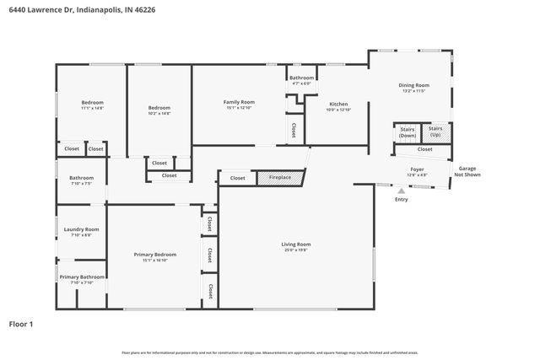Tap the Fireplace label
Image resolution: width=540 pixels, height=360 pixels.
[x=280, y=178]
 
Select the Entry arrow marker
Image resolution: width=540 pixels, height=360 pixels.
[x=401, y=191]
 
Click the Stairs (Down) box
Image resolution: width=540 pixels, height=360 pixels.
[x=408, y=133]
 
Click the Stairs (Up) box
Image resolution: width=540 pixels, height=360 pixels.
[x=435, y=133]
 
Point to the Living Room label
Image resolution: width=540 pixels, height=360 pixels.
[x=296, y=246]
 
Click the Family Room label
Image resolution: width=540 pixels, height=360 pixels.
[x=239, y=104]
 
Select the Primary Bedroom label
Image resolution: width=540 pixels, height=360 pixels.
[x=155, y=256]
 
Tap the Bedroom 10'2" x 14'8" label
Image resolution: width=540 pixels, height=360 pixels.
[x=159, y=110]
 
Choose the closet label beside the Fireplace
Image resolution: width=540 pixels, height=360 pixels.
[x=238, y=178]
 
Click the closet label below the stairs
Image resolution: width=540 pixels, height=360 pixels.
[x=424, y=149]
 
